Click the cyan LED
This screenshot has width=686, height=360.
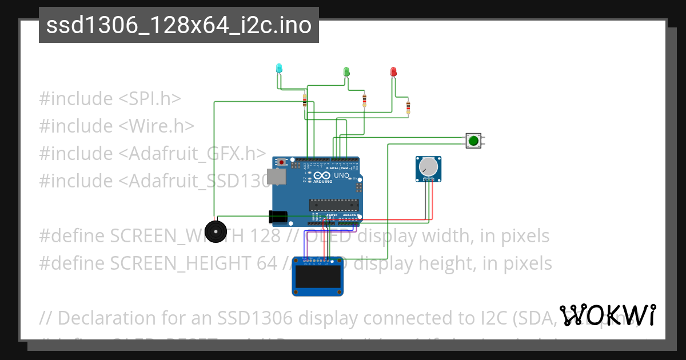pos(279,69)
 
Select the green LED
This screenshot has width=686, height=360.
pos(346,71)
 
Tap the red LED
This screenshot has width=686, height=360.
pos(393,71)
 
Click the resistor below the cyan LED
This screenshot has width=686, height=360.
pos(305,102)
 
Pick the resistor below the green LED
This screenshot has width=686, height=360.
pos(365,101)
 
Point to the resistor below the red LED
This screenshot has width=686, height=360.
pos(408,107)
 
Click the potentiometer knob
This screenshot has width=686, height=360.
pos(428,167)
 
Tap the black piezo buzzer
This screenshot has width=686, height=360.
pos(216,231)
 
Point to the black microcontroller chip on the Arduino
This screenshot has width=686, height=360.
pos(334,204)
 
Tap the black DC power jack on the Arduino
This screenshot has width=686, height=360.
pos(278,217)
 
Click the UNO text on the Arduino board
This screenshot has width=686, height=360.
pos(341,175)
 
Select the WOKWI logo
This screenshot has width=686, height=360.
pos(608,315)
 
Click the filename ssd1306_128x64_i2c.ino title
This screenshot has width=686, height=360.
pos(178,25)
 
